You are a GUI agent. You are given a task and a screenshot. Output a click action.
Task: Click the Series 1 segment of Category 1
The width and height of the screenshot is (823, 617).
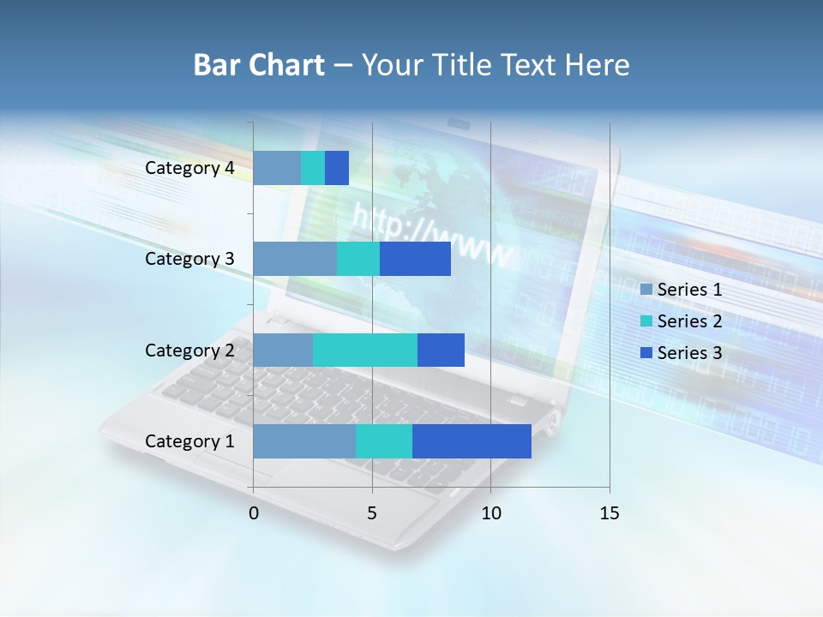(304, 441)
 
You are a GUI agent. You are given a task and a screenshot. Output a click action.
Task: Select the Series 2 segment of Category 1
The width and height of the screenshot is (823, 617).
(383, 441)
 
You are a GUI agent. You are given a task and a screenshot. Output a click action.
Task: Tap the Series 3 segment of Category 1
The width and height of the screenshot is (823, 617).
(472, 441)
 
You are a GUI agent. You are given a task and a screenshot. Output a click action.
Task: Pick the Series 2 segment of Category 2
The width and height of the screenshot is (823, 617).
(364, 350)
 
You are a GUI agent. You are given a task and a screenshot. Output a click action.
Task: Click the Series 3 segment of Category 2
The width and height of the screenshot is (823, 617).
(441, 350)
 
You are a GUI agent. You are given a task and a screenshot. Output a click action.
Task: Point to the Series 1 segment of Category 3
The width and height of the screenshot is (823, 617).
(295, 259)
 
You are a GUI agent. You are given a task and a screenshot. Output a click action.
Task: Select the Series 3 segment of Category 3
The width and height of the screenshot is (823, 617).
(415, 259)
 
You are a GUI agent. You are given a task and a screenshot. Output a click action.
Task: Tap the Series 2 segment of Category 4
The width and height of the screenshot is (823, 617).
(313, 168)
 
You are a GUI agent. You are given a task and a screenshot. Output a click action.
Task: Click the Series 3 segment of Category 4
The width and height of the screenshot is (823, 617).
(337, 168)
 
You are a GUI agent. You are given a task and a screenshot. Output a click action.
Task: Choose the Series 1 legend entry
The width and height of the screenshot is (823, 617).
(681, 290)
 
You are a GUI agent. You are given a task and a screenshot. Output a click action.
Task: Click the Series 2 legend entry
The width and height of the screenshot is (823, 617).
(681, 321)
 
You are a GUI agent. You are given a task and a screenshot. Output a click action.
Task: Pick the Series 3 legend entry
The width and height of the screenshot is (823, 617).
(681, 353)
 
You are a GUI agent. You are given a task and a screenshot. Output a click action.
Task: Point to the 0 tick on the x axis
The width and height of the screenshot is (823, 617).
(254, 513)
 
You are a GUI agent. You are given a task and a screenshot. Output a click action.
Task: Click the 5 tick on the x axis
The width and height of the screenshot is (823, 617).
(372, 513)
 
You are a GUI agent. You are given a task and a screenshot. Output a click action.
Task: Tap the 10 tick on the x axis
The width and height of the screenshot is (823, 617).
(490, 513)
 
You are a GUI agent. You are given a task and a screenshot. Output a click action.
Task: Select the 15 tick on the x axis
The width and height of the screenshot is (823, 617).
(609, 513)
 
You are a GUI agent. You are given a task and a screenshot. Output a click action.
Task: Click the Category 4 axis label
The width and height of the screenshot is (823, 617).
(189, 168)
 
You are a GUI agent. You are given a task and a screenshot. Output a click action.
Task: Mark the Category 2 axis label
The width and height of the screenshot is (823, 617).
(189, 350)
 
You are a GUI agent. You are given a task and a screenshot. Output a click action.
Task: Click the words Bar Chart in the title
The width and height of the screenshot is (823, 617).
(259, 65)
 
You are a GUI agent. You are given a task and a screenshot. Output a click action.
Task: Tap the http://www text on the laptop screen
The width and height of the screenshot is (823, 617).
(433, 236)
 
